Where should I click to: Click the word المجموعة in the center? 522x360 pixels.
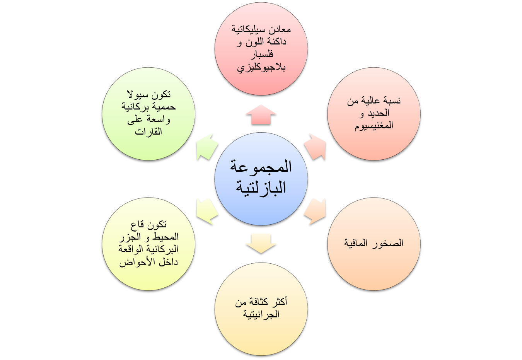pyautogui.click(x=261, y=167)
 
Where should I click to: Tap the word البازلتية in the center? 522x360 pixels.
pyautogui.click(x=261, y=188)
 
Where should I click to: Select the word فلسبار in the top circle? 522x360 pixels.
pyautogui.click(x=261, y=54)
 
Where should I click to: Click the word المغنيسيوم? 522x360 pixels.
pyautogui.click(x=374, y=126)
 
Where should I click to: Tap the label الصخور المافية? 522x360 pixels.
pyautogui.click(x=374, y=243)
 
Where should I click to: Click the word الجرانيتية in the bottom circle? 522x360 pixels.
pyautogui.click(x=261, y=314)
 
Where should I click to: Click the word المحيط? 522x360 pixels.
pyautogui.click(x=166, y=237)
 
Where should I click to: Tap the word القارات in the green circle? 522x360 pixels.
pyautogui.click(x=148, y=132)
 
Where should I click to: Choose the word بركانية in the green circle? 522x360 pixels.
pyautogui.click(x=135, y=107)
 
